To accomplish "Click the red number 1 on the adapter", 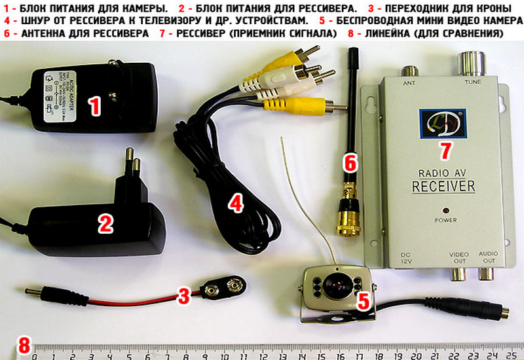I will coord(96,105).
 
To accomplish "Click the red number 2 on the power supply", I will coord(105,225).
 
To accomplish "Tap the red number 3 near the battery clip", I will coord(185,296).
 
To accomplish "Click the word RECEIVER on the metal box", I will coord(443,187).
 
